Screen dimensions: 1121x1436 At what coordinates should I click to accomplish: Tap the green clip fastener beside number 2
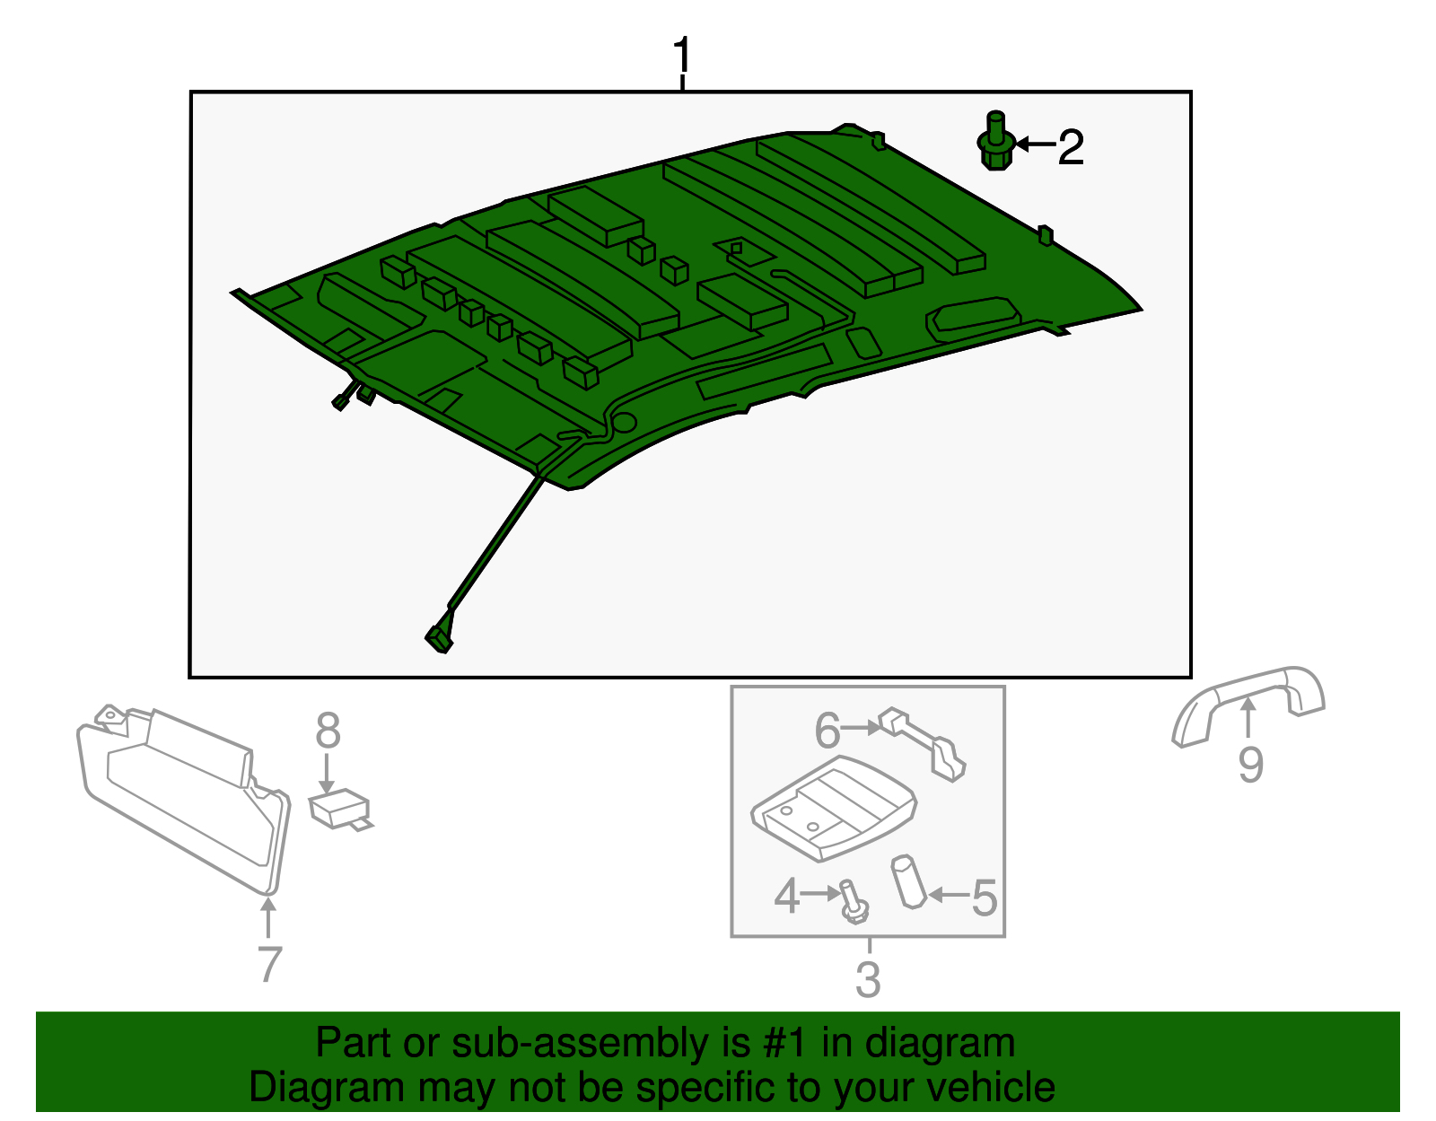[x=996, y=144]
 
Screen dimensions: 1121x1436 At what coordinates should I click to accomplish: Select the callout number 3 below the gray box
[x=867, y=979]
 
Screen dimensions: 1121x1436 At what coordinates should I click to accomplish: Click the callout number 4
[x=787, y=896]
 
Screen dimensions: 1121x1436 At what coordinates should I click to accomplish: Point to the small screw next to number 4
[x=853, y=903]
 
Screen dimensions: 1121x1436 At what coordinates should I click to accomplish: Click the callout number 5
[x=985, y=898]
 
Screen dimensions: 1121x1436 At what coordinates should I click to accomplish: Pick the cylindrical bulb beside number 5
[x=907, y=881]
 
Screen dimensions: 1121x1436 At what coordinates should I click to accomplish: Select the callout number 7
[x=269, y=963]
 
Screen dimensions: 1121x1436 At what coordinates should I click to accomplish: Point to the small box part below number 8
[x=338, y=807]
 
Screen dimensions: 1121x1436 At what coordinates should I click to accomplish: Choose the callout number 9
[x=1250, y=765]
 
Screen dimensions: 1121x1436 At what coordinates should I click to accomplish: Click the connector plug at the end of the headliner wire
[x=438, y=638]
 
